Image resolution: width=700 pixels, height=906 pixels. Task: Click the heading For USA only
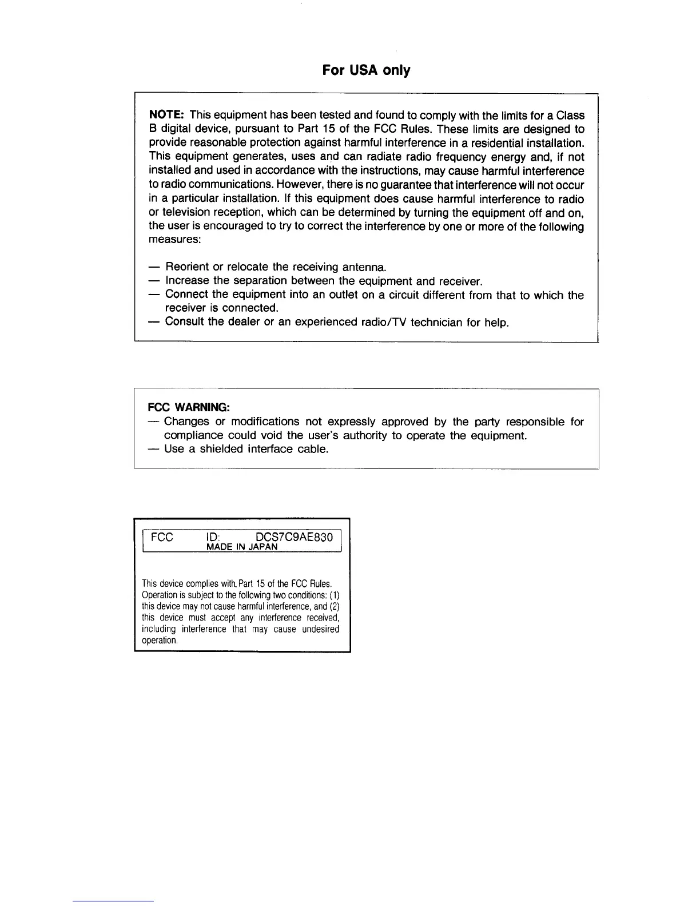point(366,70)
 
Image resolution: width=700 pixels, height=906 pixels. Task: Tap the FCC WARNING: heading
point(189,407)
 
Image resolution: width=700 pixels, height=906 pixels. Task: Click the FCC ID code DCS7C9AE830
point(294,538)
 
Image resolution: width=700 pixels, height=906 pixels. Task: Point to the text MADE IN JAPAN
point(242,547)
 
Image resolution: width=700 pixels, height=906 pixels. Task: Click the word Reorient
point(186,267)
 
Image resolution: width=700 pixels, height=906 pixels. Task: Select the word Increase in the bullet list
point(187,281)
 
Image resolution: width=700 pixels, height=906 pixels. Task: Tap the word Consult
point(184,321)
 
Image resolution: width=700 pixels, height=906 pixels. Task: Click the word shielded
point(221,449)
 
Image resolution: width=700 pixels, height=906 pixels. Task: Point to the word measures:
point(174,240)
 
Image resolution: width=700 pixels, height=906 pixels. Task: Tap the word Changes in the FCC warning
point(186,422)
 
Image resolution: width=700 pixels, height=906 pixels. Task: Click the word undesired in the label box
point(321,629)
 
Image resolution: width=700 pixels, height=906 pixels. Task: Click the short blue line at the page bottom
point(113,901)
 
